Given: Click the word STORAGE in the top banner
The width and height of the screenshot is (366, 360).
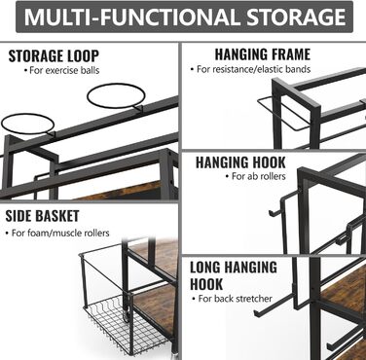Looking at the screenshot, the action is (x=296, y=17).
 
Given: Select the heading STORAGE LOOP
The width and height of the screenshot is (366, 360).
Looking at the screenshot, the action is (x=54, y=55).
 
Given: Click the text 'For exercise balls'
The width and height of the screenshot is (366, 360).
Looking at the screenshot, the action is (x=61, y=70).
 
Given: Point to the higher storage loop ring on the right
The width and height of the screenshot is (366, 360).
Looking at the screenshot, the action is (x=116, y=96).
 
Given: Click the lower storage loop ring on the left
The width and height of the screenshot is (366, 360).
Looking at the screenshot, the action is (x=27, y=124).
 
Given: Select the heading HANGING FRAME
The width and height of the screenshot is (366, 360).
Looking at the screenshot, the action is (x=263, y=54).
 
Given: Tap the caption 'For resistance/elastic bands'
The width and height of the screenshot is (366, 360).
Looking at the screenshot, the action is (x=250, y=69).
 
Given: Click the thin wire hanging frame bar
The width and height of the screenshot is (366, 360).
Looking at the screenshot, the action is (x=283, y=114).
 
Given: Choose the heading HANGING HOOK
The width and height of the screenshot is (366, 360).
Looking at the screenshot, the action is (x=240, y=162).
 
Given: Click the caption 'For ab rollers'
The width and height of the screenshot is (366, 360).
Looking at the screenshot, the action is (x=256, y=176).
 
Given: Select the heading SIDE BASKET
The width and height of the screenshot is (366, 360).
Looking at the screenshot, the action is (x=42, y=216).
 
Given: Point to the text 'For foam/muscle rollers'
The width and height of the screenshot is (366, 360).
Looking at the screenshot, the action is (x=57, y=233).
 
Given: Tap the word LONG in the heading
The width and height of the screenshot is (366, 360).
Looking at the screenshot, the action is (x=205, y=268).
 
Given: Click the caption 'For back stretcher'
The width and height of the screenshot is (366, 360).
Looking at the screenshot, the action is (x=232, y=299).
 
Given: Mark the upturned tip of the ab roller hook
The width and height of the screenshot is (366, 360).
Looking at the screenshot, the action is (x=271, y=213).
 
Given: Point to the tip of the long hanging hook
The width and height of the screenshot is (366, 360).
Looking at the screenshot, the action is (x=255, y=312).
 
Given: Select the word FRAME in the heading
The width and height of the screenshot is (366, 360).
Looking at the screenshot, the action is (x=288, y=54).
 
